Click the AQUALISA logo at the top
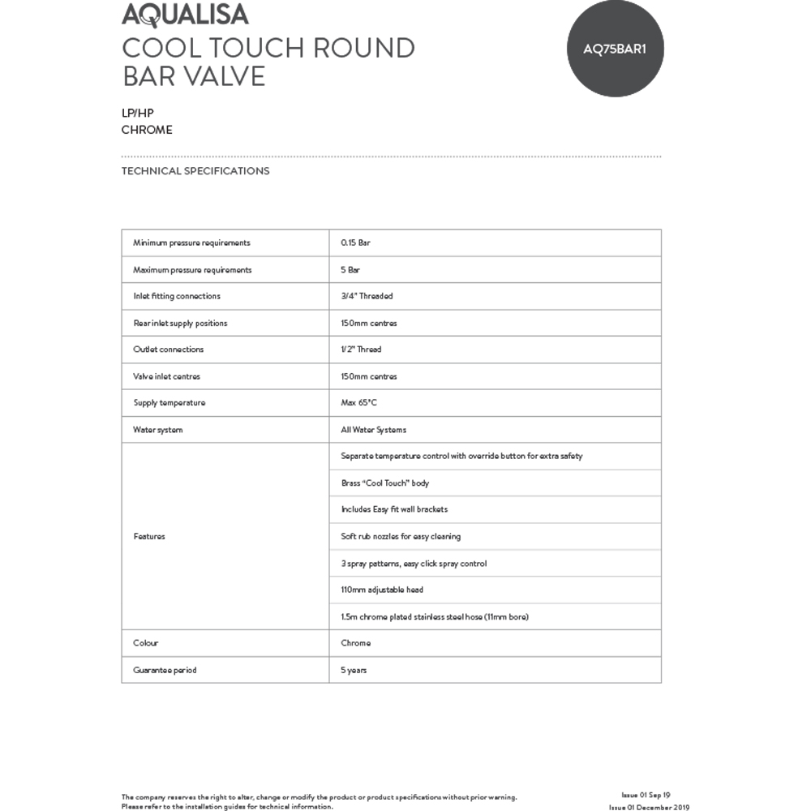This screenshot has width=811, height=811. (185, 15)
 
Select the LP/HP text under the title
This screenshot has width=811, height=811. (138, 114)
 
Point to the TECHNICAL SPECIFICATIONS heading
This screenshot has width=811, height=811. (195, 171)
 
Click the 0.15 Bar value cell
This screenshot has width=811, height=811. (356, 242)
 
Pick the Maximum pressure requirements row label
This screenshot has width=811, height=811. (192, 269)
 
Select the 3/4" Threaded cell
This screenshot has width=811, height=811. (367, 296)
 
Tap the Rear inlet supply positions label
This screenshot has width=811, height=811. (180, 323)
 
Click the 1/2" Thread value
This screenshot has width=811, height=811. (361, 350)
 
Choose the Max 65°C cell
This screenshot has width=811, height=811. (358, 403)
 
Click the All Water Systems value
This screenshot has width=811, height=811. (373, 430)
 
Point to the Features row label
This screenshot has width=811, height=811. (149, 536)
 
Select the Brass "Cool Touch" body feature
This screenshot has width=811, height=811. (385, 483)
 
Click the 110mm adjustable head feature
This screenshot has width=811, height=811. (382, 590)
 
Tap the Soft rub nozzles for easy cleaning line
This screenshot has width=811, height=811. (401, 536)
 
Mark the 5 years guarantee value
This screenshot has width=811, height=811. (354, 670)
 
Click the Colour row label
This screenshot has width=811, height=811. (146, 643)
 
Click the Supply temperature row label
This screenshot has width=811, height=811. (169, 403)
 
